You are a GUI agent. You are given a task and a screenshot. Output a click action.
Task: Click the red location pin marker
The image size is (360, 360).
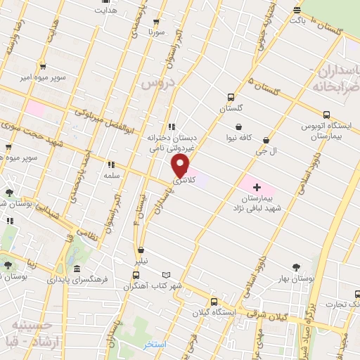pos(181,166)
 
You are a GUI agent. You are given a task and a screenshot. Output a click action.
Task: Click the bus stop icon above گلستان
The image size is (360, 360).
pos(231,98)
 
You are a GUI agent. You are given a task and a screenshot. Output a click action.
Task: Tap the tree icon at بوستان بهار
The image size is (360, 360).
pos(296,266)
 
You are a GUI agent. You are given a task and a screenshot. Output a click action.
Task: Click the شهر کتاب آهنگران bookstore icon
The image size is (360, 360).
pos(166,275)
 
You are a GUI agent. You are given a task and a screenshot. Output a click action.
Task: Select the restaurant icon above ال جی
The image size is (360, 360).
pos(266,141)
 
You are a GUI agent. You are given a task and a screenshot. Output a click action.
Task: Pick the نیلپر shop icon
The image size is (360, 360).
pos(141,249)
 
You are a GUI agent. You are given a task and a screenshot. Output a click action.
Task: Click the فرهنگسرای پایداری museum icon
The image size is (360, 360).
pos(76,270)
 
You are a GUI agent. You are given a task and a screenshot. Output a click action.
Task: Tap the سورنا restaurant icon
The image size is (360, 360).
pos(156,22)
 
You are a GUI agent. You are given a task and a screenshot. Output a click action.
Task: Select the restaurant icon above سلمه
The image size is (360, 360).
pos(111,165)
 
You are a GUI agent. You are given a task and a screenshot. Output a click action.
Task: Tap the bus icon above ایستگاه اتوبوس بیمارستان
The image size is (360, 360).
pos(326,115)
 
